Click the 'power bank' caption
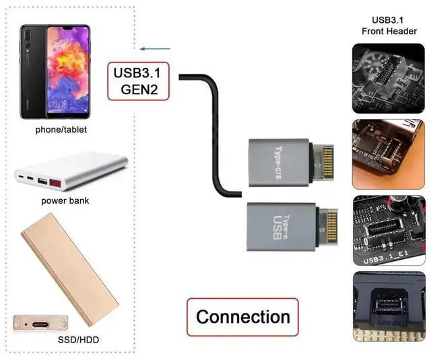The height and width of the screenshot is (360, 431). pos(65,201)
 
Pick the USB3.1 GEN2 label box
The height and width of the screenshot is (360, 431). pos(141,82)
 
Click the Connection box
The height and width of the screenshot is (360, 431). pos(242,317)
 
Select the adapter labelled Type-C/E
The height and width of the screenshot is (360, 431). pos(275,158)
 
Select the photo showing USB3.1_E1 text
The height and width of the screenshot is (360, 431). pos(389,228)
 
